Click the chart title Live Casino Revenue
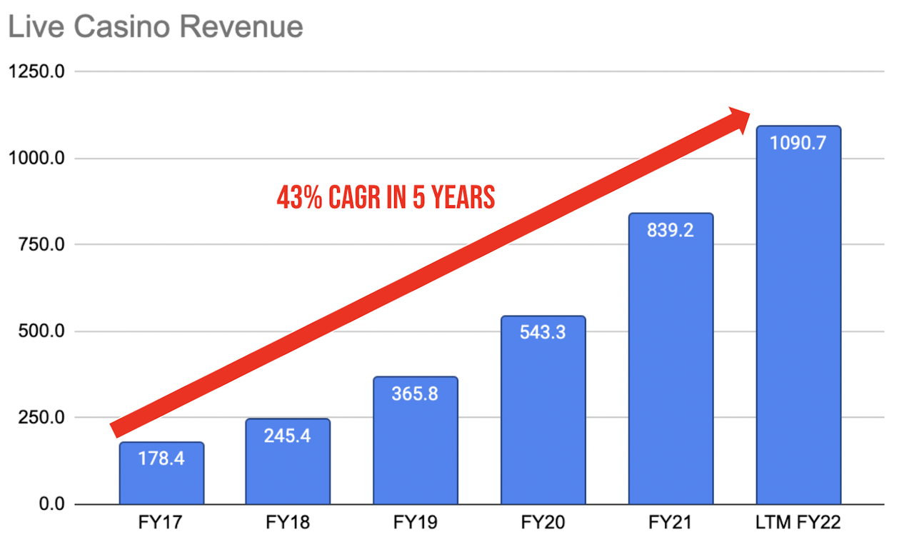click(x=155, y=26)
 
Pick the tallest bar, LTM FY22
click(x=798, y=321)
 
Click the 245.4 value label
click(x=288, y=435)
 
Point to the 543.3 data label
click(x=543, y=332)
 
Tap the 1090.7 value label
click(x=798, y=143)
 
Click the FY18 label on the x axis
click(x=288, y=523)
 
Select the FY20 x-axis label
click(x=543, y=523)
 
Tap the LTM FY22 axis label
click(x=798, y=523)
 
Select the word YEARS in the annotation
click(x=462, y=198)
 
